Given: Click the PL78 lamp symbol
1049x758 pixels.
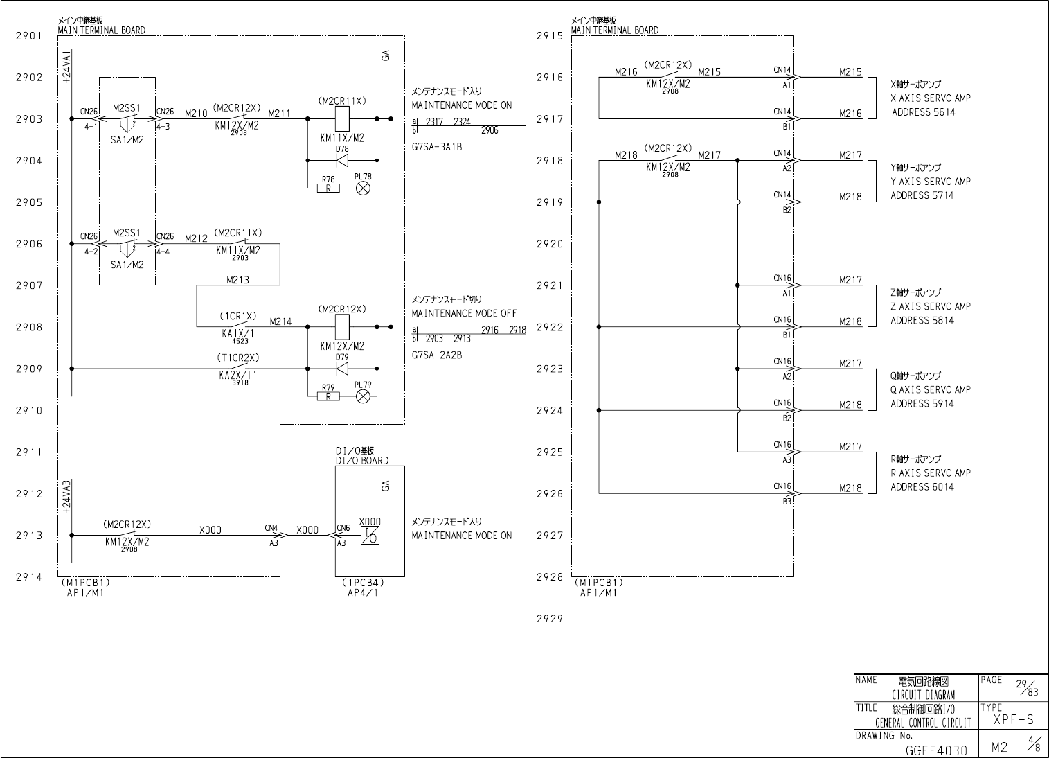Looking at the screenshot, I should (x=363, y=188).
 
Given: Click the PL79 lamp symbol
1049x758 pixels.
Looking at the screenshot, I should (x=363, y=396).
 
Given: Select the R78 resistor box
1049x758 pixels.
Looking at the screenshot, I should (x=328, y=188).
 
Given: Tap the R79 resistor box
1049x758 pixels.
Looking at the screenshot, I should (x=328, y=396).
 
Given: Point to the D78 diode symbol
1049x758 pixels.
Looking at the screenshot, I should (x=341, y=161).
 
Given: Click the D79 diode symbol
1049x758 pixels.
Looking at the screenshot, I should (x=341, y=369).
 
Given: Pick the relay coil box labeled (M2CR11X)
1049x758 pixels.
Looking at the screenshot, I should (x=341, y=118).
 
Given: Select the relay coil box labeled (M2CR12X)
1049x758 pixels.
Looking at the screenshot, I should (x=341, y=326).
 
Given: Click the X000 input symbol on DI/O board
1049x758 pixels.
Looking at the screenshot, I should (x=370, y=536).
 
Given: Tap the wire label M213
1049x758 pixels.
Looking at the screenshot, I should (x=237, y=281).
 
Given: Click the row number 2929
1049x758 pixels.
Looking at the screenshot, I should (x=549, y=619).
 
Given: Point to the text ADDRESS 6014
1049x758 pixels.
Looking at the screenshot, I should (x=922, y=487).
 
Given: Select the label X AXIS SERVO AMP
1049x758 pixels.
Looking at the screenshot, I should (x=931, y=98).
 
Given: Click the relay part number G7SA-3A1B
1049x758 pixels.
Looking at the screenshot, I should (x=437, y=147).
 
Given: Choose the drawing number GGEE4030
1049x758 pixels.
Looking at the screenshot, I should (x=935, y=749).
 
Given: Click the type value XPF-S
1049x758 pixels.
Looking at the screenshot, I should (x=1013, y=721).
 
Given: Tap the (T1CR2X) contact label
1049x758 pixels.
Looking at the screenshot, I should (x=237, y=358).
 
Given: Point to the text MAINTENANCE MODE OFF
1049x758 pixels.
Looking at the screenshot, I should (x=464, y=313).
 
